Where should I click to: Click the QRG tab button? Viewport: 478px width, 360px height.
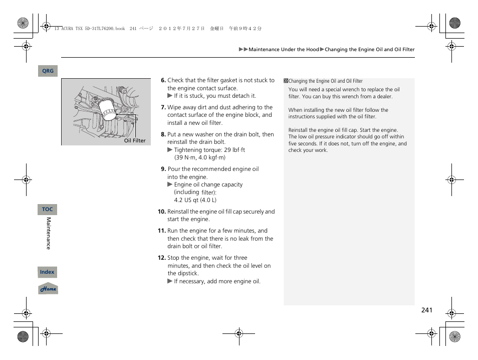click(x=48, y=71)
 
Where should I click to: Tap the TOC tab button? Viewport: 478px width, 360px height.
click(x=47, y=210)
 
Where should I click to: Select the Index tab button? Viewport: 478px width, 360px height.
click(x=47, y=272)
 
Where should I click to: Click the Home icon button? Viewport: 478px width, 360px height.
click(x=48, y=289)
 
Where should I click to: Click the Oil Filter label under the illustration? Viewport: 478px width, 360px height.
click(x=135, y=141)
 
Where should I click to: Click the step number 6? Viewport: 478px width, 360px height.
click(x=163, y=80)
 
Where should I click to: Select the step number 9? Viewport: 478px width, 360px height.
click(x=163, y=169)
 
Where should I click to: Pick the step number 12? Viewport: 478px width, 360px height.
click(x=161, y=258)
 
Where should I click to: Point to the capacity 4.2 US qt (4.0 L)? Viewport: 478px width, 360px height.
click(x=195, y=200)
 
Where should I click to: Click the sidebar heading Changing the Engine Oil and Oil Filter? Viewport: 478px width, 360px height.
click(x=325, y=81)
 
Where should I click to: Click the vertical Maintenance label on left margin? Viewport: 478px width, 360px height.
click(x=49, y=234)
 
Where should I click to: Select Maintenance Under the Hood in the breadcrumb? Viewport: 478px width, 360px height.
click(x=284, y=50)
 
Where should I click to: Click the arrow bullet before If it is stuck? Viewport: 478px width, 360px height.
click(x=170, y=96)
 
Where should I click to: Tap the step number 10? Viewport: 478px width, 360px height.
click(x=161, y=212)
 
